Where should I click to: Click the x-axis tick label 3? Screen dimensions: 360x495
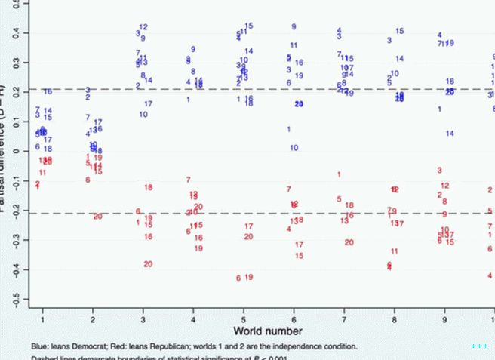143,311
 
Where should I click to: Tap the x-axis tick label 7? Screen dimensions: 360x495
344,311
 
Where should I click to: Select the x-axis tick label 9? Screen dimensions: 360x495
444,311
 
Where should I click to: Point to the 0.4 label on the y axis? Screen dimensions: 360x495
8,33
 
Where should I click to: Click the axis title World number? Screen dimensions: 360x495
268,331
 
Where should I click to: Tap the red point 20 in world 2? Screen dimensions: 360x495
98,217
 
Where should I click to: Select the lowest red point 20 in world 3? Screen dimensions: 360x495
148,264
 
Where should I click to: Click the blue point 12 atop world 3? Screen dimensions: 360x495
143,27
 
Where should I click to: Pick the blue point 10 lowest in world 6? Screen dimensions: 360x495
294,148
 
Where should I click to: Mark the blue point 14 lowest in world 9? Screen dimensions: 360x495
450,134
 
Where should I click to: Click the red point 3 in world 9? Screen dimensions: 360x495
439,171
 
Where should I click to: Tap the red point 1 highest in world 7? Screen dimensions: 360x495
339,174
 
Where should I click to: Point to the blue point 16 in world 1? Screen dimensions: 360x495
48,91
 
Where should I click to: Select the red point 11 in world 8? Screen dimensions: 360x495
394,251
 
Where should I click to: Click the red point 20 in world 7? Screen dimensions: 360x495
349,242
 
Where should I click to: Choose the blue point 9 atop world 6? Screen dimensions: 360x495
294,27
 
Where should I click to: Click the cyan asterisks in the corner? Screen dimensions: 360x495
478,346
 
